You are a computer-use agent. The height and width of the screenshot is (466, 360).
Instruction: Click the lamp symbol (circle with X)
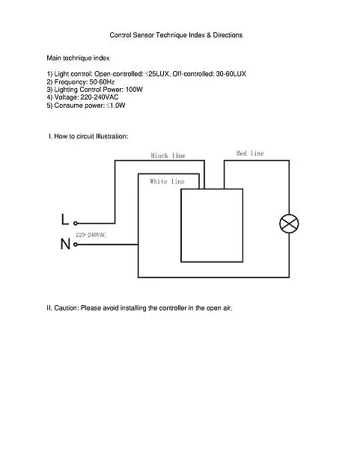[x=289, y=224]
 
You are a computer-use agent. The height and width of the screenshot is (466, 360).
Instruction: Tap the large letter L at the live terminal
[x=65, y=219]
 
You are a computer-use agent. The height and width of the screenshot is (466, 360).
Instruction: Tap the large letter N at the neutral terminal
[x=65, y=244]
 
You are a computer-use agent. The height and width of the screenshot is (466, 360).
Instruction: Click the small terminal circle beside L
[x=76, y=223]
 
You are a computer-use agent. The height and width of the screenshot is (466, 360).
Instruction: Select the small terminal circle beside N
[x=76, y=245]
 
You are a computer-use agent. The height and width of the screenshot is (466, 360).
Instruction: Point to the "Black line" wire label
[x=168, y=156]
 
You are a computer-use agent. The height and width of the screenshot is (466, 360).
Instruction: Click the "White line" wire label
[x=167, y=181]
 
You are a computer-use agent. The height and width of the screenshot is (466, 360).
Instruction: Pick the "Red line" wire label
[x=250, y=153]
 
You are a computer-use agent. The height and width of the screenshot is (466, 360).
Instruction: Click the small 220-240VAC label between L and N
[x=91, y=235]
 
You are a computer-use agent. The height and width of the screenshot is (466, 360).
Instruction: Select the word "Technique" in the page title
[x=171, y=35]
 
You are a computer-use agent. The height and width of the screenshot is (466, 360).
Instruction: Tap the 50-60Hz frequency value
[x=102, y=82]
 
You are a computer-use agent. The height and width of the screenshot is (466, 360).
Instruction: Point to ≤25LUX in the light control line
[x=157, y=74]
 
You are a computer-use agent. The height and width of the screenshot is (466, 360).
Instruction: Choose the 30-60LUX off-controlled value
[x=231, y=74]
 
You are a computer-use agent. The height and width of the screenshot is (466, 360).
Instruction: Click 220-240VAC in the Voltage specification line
[x=100, y=97]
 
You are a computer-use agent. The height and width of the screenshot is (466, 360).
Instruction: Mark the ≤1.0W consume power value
[x=116, y=105]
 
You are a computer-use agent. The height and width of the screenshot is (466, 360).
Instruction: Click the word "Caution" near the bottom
[x=67, y=308]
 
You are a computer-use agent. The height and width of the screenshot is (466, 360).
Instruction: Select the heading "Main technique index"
[x=78, y=58]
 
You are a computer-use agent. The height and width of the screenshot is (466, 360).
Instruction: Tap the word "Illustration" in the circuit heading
[x=112, y=136]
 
